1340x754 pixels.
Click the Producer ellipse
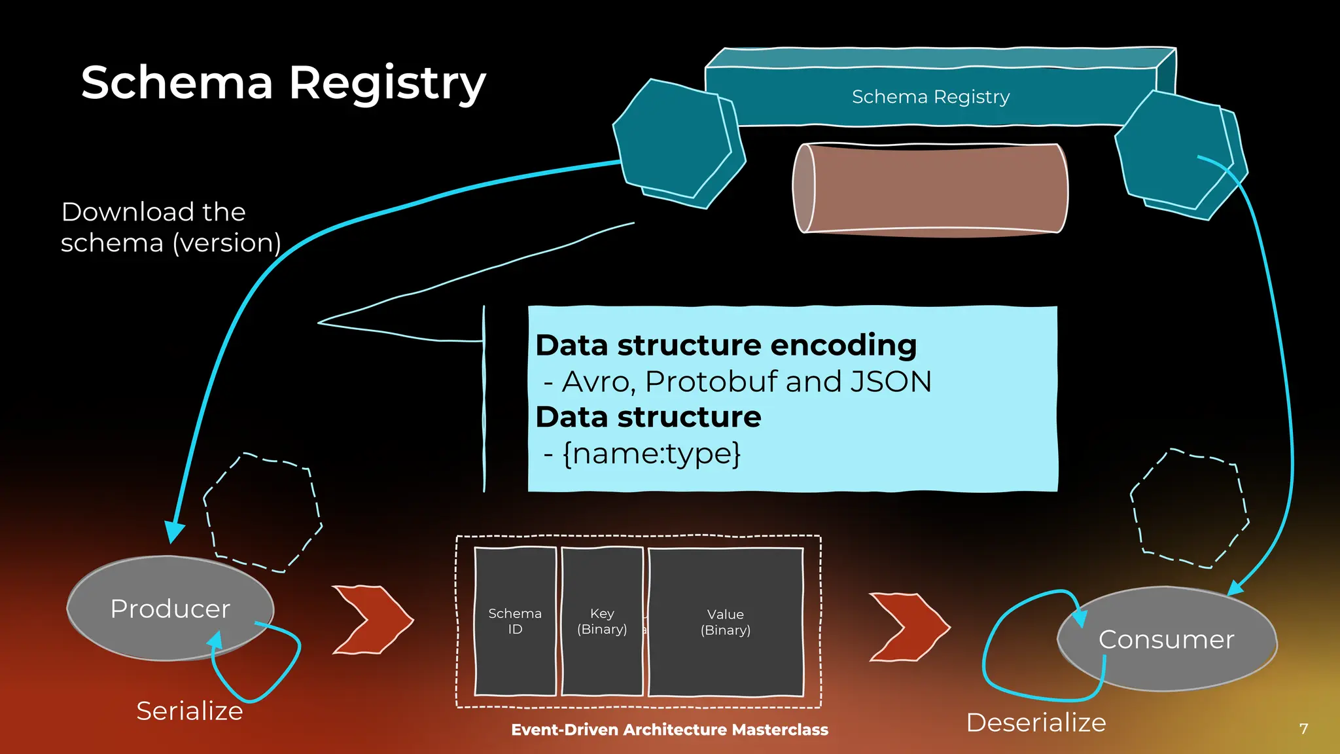[x=170, y=608]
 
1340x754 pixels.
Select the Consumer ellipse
[x=1167, y=639]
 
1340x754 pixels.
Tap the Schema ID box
[x=515, y=621]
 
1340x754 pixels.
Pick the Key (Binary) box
[x=602, y=621]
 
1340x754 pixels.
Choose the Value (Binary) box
[x=726, y=622]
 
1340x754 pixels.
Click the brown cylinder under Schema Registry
[x=930, y=188]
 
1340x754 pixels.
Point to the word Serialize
[x=189, y=711]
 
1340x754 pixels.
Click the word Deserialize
[x=1036, y=723]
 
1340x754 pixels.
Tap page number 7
[x=1303, y=728]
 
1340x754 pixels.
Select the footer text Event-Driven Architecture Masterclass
[x=669, y=730]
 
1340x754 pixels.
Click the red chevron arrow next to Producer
[x=372, y=619]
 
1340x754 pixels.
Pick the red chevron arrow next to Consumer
[x=908, y=626]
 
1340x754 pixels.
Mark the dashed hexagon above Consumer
[x=1190, y=509]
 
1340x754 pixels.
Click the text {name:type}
[x=651, y=454]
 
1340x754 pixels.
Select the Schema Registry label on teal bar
[x=930, y=97]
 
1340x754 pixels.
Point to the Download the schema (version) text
[x=170, y=227]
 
